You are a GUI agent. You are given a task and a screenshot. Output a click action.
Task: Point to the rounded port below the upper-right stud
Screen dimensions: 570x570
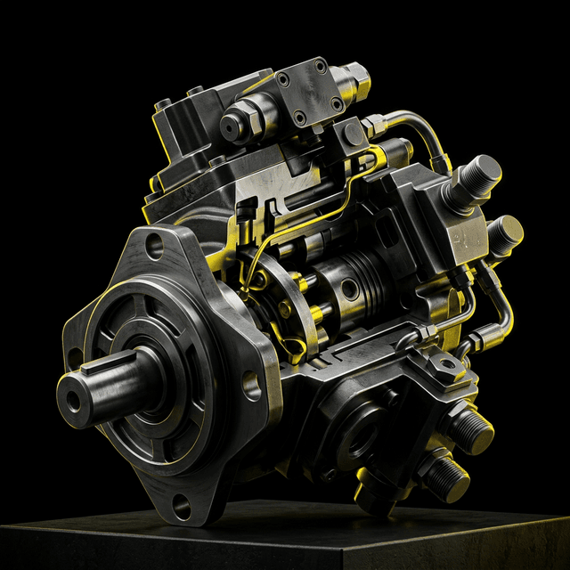tap(504, 232)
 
